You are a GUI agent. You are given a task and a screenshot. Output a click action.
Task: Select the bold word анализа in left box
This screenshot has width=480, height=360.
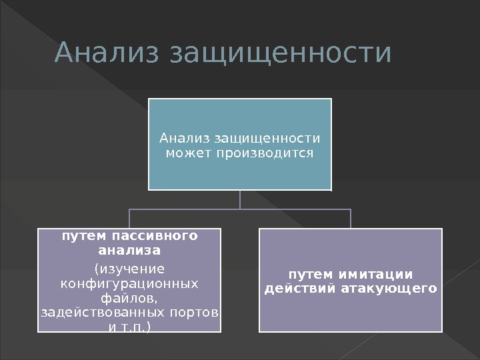129,251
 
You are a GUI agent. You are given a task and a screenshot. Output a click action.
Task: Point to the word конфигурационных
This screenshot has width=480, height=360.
129,283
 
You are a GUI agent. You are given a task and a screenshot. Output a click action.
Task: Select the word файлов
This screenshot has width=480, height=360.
129,298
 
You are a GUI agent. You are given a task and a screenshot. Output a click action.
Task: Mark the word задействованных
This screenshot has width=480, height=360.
97,313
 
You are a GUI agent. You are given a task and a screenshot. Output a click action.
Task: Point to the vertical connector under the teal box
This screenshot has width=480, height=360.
240,199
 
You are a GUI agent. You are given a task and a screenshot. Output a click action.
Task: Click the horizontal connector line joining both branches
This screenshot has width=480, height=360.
240,209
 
